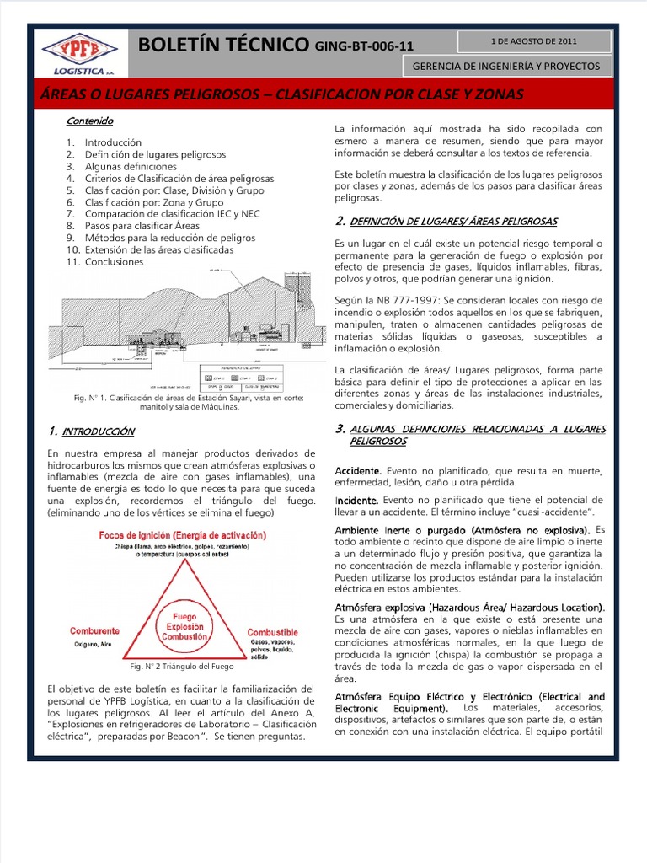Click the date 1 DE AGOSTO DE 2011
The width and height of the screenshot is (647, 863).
(x=534, y=40)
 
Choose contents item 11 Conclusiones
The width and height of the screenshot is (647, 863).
(x=115, y=262)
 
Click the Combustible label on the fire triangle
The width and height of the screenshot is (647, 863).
(x=272, y=631)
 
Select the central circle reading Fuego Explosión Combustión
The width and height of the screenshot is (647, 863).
(x=184, y=628)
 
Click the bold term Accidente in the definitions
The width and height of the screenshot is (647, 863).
(x=358, y=470)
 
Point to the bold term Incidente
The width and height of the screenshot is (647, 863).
(x=356, y=500)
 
